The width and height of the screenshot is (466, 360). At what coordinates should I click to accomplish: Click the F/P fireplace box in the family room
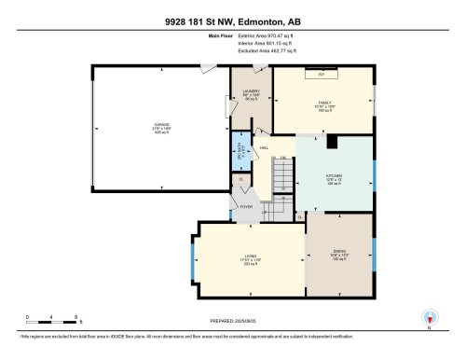[x=322, y=72]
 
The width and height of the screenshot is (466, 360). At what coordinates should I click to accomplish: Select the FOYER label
[x=247, y=207]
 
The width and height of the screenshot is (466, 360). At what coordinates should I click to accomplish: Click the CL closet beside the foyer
[x=241, y=180]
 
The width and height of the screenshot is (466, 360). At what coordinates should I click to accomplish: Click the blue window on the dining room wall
[x=374, y=252]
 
